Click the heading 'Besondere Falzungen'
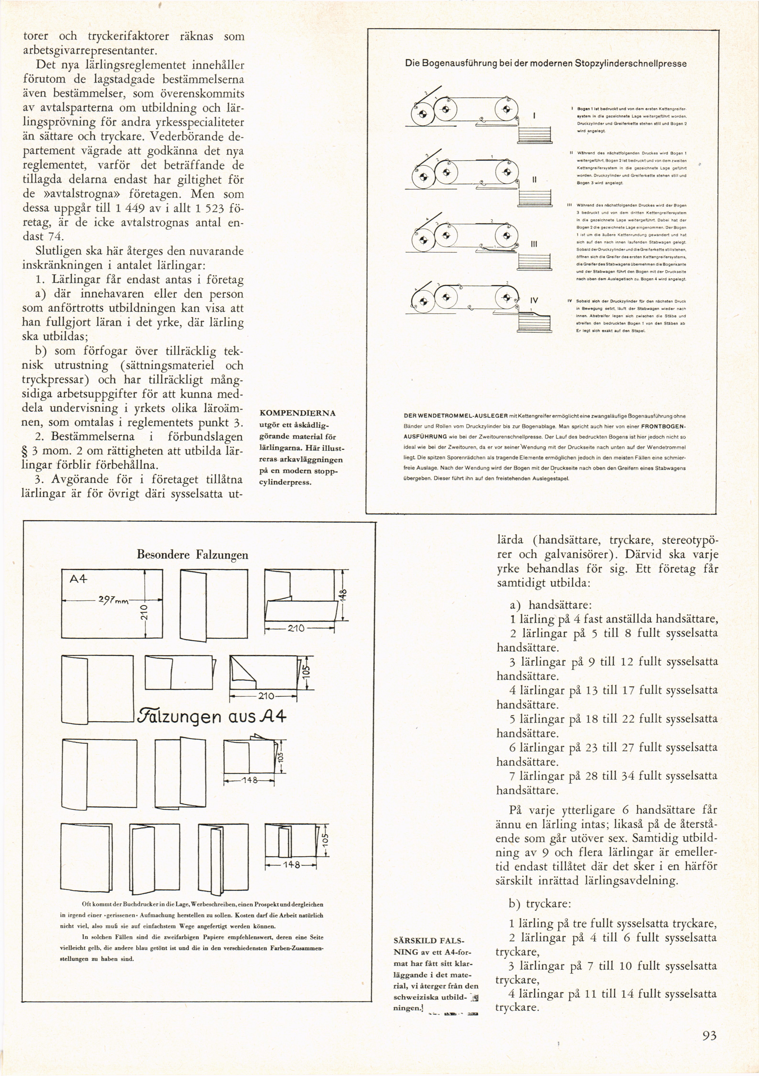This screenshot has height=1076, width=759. point(192,555)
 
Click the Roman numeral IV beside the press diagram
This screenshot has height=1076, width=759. point(534,300)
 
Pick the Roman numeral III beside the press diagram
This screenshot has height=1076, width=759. point(533,244)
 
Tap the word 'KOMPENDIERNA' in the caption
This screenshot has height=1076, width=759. point(297,413)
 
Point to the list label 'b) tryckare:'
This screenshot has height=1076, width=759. point(540,904)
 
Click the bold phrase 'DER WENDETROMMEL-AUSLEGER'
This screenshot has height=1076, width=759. point(456,416)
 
